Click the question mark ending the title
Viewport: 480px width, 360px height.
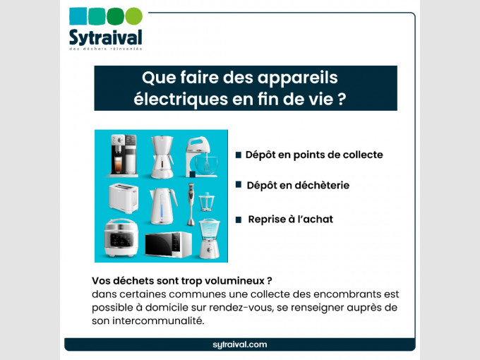pos(342,98)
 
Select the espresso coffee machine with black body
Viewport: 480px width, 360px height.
pos(119,156)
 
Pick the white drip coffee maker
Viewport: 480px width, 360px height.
pos(160,156)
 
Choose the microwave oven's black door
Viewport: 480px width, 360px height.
pos(163,244)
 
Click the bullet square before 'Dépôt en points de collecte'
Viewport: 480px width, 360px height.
pos(239,155)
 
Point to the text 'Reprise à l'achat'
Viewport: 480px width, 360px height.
pos(290,220)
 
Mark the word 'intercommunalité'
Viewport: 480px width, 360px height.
pos(155,321)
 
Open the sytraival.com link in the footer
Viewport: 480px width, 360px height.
pos(239,344)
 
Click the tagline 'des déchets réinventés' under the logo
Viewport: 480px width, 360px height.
pos(105,49)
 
